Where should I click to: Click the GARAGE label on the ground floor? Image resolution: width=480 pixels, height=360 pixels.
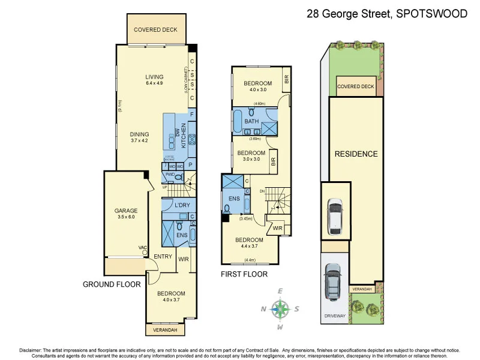click(126, 211)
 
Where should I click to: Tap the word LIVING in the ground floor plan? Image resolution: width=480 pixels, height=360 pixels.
click(154, 77)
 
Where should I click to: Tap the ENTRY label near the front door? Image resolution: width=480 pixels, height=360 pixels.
click(163, 257)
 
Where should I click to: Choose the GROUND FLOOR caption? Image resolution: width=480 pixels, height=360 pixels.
click(112, 284)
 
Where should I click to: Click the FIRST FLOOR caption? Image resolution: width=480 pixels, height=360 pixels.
click(244, 274)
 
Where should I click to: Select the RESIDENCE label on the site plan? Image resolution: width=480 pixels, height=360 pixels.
click(356, 154)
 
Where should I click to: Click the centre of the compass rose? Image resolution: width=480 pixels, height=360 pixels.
click(280, 310)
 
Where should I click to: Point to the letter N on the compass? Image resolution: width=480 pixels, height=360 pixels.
click(263, 310)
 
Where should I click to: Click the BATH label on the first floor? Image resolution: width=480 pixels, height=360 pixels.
click(251, 121)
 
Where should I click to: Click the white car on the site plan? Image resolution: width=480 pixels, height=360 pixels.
click(334, 216)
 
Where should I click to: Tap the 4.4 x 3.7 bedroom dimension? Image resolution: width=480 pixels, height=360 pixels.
click(251, 245)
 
